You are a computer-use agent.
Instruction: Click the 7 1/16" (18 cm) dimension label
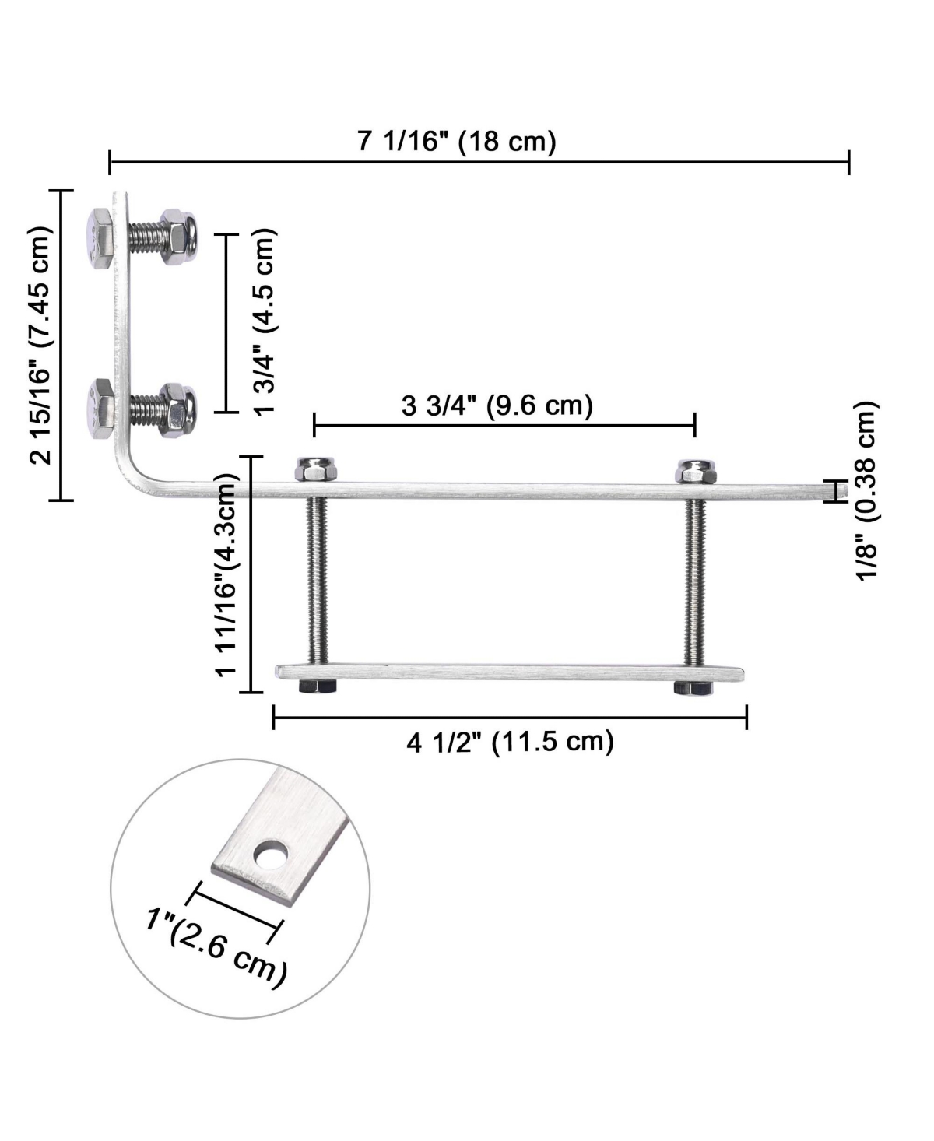point(457,142)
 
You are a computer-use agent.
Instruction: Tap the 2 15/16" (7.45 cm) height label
point(41,346)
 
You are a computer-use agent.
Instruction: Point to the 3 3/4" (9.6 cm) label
point(497,405)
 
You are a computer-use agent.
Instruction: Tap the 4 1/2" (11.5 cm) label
point(510,742)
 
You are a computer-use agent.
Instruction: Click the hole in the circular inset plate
point(270,856)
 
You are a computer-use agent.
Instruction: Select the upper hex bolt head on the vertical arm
point(99,238)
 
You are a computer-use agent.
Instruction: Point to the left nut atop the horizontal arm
point(315,470)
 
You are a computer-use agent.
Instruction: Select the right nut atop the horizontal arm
point(696,471)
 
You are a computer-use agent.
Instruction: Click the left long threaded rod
point(316,580)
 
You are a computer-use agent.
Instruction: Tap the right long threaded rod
point(694,580)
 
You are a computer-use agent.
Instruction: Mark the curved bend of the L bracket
point(133,476)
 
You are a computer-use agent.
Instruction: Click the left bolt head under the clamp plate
point(317,686)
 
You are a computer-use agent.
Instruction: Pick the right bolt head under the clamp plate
point(693,687)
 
